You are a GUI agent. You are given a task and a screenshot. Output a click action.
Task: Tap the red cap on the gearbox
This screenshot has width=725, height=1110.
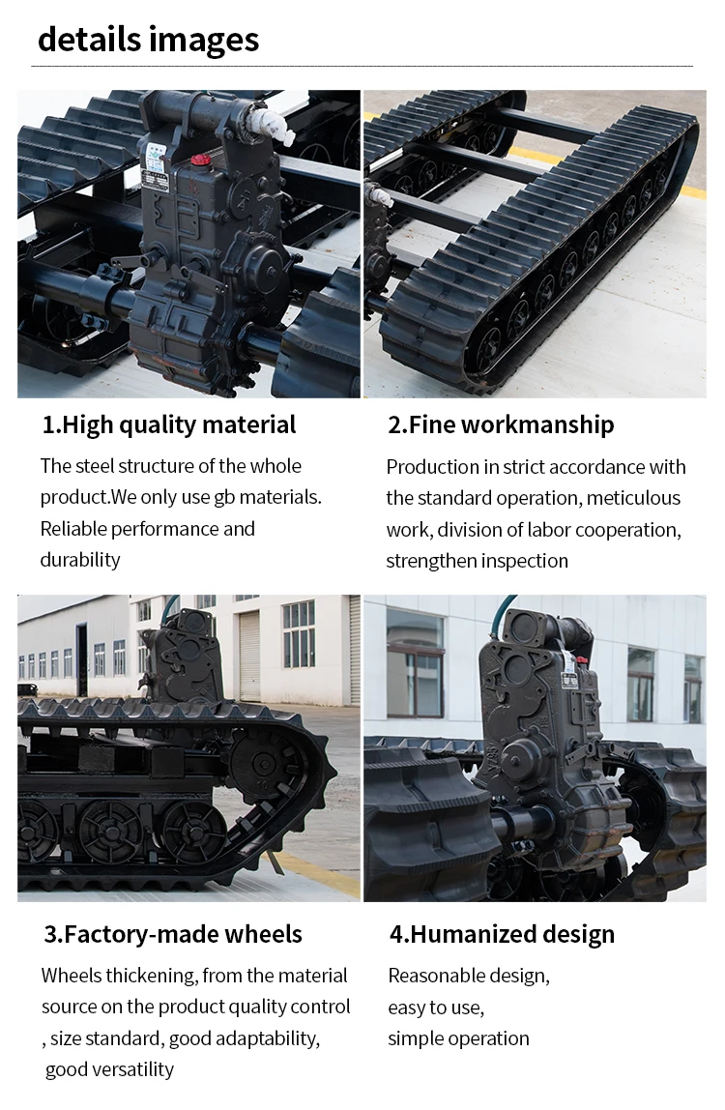[x=200, y=160]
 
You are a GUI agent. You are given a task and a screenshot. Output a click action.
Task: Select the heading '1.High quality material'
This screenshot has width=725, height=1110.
[x=169, y=424]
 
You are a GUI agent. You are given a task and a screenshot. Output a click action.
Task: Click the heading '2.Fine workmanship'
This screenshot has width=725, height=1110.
[x=501, y=424]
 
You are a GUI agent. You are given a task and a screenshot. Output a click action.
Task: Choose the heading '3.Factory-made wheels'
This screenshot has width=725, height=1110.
[x=173, y=934]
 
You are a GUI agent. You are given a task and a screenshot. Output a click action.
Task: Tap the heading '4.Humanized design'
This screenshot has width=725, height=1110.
[x=502, y=934]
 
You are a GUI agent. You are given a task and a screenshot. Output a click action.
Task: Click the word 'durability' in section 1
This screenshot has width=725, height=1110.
[x=80, y=560]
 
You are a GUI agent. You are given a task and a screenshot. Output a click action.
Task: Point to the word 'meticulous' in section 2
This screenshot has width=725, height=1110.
[x=633, y=498]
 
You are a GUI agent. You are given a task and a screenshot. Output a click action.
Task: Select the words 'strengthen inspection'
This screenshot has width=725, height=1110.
[x=477, y=561]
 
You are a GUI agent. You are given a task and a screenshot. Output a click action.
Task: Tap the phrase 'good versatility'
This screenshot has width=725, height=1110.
[x=109, y=1069]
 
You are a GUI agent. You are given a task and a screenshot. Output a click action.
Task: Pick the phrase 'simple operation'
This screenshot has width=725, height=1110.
[x=458, y=1038]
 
